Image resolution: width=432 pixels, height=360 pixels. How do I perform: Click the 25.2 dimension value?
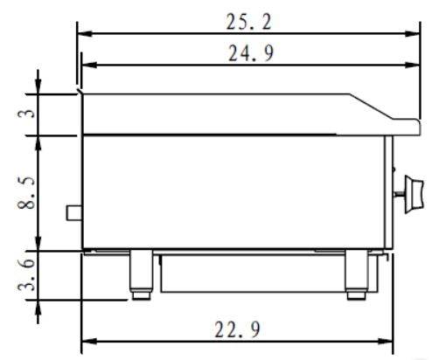[248, 22]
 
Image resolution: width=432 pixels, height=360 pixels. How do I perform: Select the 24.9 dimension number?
[251, 53]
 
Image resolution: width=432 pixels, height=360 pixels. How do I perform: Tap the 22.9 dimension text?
[237, 329]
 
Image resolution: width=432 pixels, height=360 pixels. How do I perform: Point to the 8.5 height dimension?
[26, 193]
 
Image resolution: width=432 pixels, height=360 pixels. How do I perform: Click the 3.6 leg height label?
[26, 275]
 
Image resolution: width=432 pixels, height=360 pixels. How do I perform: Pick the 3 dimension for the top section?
[26, 113]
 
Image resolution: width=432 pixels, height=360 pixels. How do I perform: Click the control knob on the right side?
[414, 194]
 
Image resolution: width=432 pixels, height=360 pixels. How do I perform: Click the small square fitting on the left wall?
[74, 213]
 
